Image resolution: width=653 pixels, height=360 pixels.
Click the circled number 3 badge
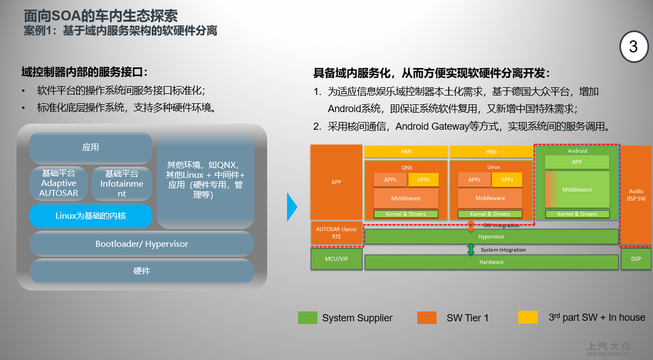(x=633, y=46)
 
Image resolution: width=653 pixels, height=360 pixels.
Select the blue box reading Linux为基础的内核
(x=91, y=216)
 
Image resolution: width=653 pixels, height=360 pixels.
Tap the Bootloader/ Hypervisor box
(x=142, y=243)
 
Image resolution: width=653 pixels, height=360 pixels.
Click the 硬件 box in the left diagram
(x=142, y=271)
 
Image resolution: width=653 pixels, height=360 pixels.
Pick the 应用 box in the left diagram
(x=91, y=147)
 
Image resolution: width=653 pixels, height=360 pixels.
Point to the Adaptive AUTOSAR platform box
(x=58, y=183)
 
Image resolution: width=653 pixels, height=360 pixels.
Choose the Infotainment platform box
(x=121, y=183)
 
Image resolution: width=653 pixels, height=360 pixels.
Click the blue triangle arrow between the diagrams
(x=291, y=207)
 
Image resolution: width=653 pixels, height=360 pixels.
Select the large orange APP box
(x=336, y=182)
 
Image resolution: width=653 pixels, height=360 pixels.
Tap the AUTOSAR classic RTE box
(x=336, y=233)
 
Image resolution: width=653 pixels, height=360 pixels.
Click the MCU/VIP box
(x=336, y=259)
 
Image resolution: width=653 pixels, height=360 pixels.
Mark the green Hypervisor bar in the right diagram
(x=491, y=236)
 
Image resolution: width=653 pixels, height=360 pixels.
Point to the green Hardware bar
(x=491, y=262)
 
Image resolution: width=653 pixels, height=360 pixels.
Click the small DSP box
(x=636, y=259)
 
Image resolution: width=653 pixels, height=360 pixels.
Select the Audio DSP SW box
(x=636, y=194)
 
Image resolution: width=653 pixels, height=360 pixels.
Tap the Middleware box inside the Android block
(x=577, y=189)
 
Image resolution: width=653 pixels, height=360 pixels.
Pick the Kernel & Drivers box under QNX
(x=406, y=214)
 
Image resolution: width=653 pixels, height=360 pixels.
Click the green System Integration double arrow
(x=471, y=250)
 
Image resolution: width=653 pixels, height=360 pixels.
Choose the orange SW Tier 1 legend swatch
(x=427, y=317)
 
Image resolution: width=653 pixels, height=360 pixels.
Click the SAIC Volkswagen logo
(x=608, y=348)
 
